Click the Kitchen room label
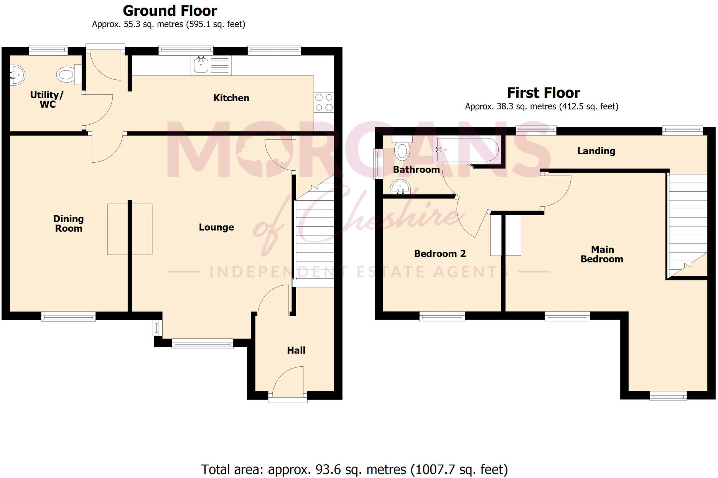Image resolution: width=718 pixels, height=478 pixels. (x=231, y=98)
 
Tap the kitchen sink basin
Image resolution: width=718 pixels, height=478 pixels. (x=201, y=65)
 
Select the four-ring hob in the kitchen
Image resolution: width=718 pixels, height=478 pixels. (x=324, y=102)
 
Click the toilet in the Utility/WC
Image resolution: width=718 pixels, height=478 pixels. (x=66, y=74)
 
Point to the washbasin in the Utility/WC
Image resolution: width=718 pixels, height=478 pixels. (x=17, y=75)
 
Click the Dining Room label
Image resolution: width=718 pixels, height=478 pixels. (x=68, y=224)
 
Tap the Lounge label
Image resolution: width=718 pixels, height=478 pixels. (x=216, y=227)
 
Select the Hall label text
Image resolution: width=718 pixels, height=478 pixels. (x=296, y=350)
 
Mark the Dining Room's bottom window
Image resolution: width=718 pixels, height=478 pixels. (x=68, y=316)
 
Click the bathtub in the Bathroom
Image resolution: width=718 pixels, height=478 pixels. (x=467, y=150)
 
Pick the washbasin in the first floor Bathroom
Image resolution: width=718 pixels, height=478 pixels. (x=400, y=188)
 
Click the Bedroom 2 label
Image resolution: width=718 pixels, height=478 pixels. (x=440, y=254)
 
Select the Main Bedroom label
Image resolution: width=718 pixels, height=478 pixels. (x=602, y=254)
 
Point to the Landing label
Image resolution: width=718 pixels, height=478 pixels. (x=596, y=151)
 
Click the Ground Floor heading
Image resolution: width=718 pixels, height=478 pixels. (x=170, y=11)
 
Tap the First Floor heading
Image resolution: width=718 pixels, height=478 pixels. (x=543, y=93)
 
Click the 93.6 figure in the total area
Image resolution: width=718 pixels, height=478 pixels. (x=328, y=470)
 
